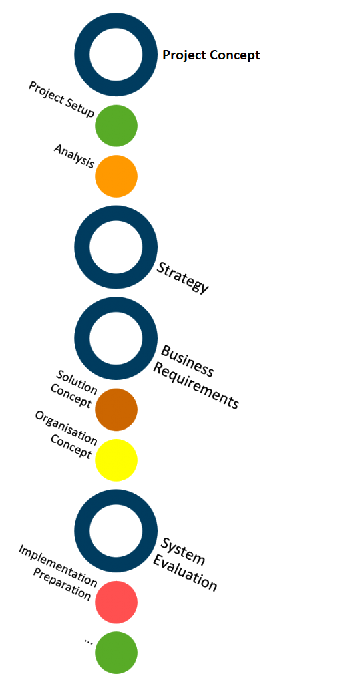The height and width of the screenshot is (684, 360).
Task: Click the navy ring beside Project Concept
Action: click(82, 55)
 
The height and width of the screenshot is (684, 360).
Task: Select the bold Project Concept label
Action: click(211, 55)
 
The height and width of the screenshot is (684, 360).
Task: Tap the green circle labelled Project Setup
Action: click(116, 126)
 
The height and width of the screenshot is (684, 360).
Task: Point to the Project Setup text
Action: click(61, 99)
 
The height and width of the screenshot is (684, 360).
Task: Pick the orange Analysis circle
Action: click(116, 176)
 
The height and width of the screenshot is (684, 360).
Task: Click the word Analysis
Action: click(74, 156)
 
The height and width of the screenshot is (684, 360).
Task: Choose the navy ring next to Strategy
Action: click(82, 247)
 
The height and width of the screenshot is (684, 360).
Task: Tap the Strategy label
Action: click(183, 277)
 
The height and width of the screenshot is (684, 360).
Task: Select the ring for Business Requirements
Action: click(82, 338)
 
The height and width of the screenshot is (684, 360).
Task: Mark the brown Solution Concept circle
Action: click(116, 409)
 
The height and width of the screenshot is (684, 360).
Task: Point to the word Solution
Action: click(77, 380)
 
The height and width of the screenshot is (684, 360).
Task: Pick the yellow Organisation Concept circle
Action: click(116, 460)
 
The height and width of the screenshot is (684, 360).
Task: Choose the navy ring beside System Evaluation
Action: click(82, 530)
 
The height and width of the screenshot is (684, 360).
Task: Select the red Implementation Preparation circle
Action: click(116, 602)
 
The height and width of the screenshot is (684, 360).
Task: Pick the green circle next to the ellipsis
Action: click(116, 653)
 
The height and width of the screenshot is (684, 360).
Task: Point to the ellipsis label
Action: click(88, 641)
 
